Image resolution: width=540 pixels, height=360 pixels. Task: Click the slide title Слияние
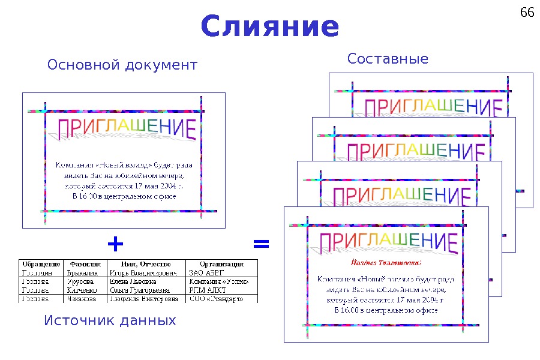[x=270, y=26]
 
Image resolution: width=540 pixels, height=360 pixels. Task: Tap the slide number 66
[x=527, y=13]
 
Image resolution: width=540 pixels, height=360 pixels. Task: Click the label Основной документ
[x=122, y=64]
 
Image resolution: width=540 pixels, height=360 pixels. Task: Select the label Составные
[x=388, y=59]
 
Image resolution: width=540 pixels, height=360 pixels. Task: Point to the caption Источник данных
[x=110, y=321]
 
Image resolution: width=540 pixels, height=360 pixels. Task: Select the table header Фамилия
[x=85, y=264]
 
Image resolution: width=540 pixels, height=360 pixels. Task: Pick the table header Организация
[x=221, y=264]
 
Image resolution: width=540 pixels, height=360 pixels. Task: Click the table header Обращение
[x=41, y=264]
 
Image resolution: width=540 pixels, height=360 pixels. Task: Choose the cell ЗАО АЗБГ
[x=206, y=272]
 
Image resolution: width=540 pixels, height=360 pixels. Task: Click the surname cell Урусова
[x=80, y=281]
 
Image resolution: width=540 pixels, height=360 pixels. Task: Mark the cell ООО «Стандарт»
[x=216, y=298]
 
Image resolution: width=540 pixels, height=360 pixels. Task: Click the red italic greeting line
[x=386, y=263]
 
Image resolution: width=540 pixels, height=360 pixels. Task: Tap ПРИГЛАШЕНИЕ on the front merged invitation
[x=388, y=242]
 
